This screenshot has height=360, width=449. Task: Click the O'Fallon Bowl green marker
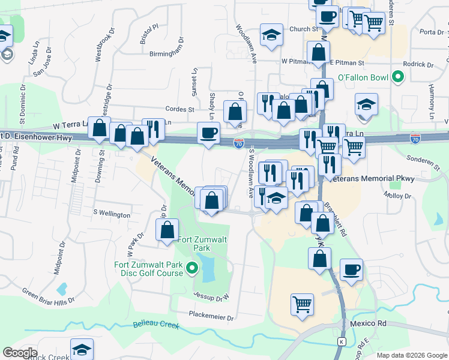coord(397,77)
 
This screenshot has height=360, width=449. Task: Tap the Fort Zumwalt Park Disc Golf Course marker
coord(192,268)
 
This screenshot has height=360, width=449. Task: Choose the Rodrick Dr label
coord(418,64)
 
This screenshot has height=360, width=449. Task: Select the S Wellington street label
coord(112,214)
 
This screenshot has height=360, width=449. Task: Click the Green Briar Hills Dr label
coord(49,295)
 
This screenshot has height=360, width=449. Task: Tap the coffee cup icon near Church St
coord(328,17)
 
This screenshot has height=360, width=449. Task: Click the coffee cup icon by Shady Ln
coord(208,133)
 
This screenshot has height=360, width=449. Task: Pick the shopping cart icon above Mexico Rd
coord(302,304)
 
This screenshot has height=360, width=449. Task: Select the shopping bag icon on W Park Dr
coord(167,230)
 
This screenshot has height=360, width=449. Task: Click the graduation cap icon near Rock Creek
coord(82,350)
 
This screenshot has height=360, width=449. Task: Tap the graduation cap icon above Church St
coord(271,34)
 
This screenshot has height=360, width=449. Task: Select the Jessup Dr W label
coord(212,296)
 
